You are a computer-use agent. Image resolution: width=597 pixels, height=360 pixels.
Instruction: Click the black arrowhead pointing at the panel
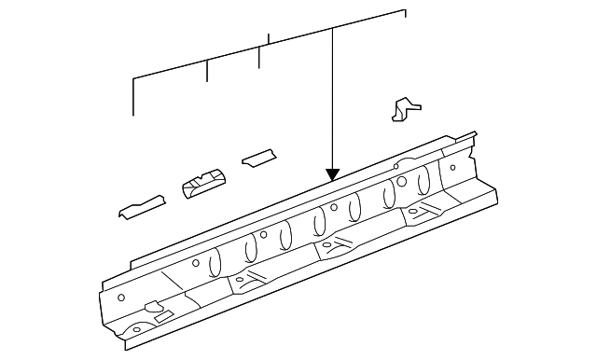click(x=332, y=174)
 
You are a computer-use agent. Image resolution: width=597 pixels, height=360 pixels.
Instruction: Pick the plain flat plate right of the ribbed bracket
click(x=259, y=157)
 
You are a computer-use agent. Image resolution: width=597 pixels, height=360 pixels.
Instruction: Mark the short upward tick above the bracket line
click(x=269, y=39)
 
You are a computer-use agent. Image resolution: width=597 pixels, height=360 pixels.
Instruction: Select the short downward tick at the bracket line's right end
click(x=406, y=15)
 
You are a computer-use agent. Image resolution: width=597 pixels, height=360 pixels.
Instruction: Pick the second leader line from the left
click(x=207, y=74)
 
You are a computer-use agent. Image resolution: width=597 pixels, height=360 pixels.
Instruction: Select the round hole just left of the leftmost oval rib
click(x=195, y=265)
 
